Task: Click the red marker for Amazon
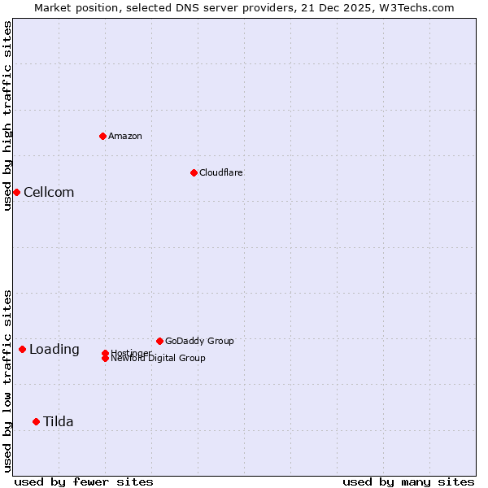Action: (x=102, y=136)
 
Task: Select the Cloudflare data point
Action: (x=194, y=172)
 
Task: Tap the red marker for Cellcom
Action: (x=16, y=192)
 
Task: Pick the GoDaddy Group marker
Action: (x=159, y=341)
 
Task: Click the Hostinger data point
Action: (x=105, y=353)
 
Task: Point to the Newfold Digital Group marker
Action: (x=105, y=359)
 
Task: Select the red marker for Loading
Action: (x=22, y=349)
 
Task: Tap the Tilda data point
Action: (x=36, y=421)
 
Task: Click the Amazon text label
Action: (x=125, y=136)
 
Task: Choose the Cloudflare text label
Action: (x=221, y=172)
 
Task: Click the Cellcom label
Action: (x=49, y=192)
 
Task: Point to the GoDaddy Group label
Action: (x=199, y=341)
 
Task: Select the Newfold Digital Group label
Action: (x=159, y=359)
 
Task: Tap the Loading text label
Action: (x=54, y=349)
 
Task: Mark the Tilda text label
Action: (x=59, y=421)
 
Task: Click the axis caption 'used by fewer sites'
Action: (x=84, y=481)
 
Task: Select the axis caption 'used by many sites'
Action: (x=408, y=481)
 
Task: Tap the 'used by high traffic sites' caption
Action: (x=7, y=115)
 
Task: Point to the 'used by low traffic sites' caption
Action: (x=7, y=381)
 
